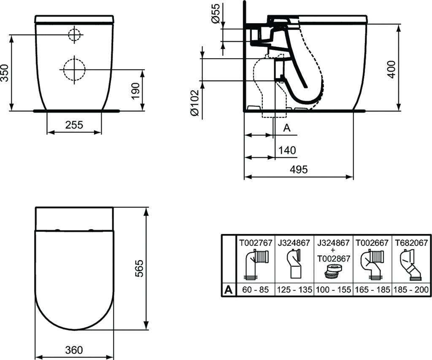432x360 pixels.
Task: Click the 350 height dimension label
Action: pos(5,73)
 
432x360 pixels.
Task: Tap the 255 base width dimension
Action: pos(74,125)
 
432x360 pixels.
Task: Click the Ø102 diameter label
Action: pos(194,102)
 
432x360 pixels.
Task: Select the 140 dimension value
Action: pos(287,150)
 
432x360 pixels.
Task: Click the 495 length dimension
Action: pos(299,169)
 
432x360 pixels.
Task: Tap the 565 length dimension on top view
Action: pos(140,268)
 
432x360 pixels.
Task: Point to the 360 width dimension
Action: pos(74,350)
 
